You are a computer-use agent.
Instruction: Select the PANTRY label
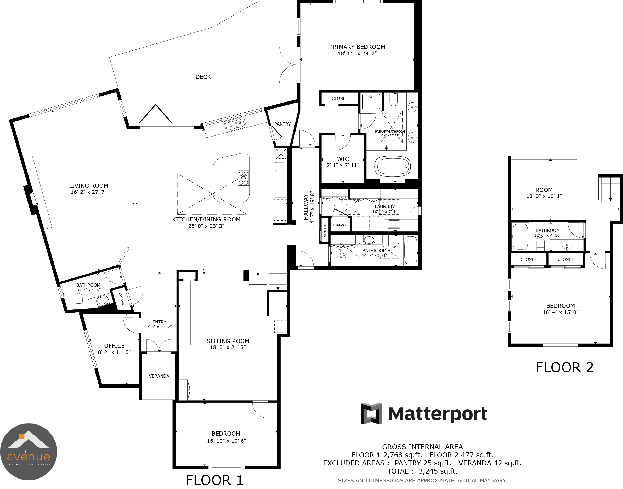pos(282,124)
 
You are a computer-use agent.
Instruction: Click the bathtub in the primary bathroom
pos(392,166)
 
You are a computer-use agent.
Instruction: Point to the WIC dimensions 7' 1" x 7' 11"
pos(343,165)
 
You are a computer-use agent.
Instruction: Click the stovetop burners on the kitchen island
pos(243,178)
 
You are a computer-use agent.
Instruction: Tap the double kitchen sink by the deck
pos(235,124)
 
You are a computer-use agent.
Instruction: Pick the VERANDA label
pos(159,376)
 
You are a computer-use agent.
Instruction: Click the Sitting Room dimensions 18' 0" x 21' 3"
pos(228,347)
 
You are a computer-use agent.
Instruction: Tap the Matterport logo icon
pos(371,413)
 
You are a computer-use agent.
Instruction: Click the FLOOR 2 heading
pos(565,368)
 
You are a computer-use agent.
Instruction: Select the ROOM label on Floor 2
pos(544,190)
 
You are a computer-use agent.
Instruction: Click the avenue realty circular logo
pos(29,452)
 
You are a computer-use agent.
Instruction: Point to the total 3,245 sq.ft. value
pos(438,471)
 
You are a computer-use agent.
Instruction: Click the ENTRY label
pos(159,322)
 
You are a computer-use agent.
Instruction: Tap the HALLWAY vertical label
pos(306,207)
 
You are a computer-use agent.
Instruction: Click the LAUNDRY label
pos(385,206)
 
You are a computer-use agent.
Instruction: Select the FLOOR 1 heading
pos(214,480)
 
